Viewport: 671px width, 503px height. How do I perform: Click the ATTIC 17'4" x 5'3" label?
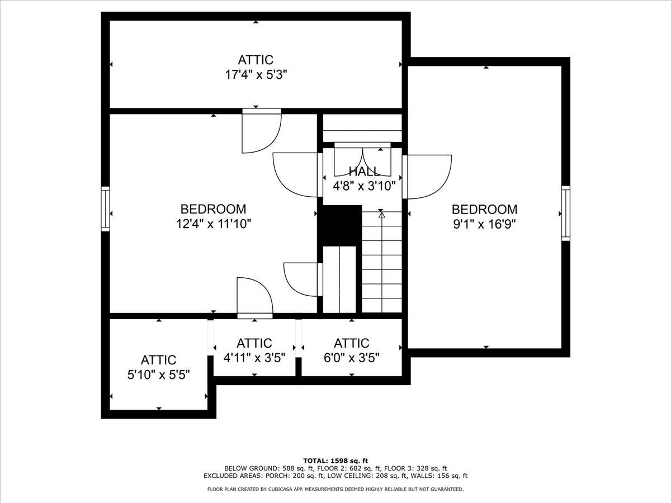click(256, 67)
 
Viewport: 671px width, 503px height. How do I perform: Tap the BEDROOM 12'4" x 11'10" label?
click(213, 216)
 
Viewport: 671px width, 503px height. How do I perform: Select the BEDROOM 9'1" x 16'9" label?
click(484, 216)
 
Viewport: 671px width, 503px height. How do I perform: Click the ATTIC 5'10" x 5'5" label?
click(159, 367)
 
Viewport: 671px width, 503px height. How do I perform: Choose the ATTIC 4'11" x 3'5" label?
click(254, 350)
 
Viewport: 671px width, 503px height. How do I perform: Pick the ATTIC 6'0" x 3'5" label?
click(352, 350)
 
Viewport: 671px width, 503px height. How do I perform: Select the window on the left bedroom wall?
click(105, 208)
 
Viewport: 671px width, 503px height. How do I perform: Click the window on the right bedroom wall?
click(565, 213)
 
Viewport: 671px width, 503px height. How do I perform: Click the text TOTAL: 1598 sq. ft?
click(335, 460)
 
